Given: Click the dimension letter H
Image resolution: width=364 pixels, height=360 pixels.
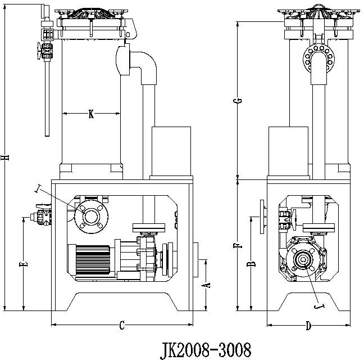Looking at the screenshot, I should tap(6, 159).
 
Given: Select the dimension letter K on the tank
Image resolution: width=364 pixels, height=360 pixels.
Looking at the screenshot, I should tap(91, 114).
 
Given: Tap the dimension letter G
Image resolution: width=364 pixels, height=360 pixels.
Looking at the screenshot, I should tap(238, 101).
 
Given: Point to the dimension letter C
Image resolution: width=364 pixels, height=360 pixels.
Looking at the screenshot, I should tap(121, 325).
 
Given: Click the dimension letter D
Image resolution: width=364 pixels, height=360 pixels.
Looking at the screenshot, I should tap(308, 325).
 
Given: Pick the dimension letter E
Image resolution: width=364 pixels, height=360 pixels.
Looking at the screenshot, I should tap(22, 264).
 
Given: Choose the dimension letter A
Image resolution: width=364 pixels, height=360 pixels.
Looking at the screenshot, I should tap(206, 284).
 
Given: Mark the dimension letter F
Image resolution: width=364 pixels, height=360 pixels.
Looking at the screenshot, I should tap(238, 245).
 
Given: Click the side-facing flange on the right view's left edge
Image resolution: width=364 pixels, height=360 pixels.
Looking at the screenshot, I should tap(262, 217).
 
